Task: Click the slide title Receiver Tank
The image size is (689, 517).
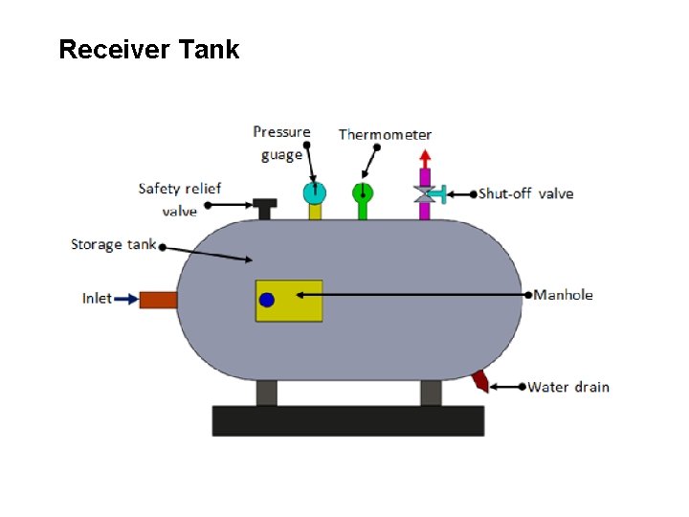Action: pyautogui.click(x=148, y=50)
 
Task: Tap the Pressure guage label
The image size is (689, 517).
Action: pyautogui.click(x=281, y=143)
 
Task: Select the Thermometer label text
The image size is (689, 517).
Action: pyautogui.click(x=385, y=135)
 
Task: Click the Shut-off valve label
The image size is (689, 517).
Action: pyautogui.click(x=525, y=193)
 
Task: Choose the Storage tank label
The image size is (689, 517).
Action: pyautogui.click(x=113, y=244)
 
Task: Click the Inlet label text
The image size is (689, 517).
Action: pyautogui.click(x=97, y=299)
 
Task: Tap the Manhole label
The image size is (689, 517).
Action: pyautogui.click(x=564, y=295)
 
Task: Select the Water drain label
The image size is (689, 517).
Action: pyautogui.click(x=568, y=387)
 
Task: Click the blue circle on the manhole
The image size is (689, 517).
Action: pyautogui.click(x=267, y=300)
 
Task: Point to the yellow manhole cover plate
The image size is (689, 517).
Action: pyautogui.click(x=297, y=301)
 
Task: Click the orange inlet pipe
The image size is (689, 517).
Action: pyautogui.click(x=159, y=300)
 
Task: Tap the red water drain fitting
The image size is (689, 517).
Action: pyautogui.click(x=480, y=381)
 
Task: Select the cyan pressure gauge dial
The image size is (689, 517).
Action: pyautogui.click(x=314, y=192)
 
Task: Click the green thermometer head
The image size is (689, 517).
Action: pyautogui.click(x=363, y=192)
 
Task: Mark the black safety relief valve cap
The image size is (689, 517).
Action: pyautogui.click(x=264, y=204)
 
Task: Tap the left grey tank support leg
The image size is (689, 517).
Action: pyautogui.click(x=266, y=393)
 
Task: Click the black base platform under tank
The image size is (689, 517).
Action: pyautogui.click(x=347, y=420)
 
